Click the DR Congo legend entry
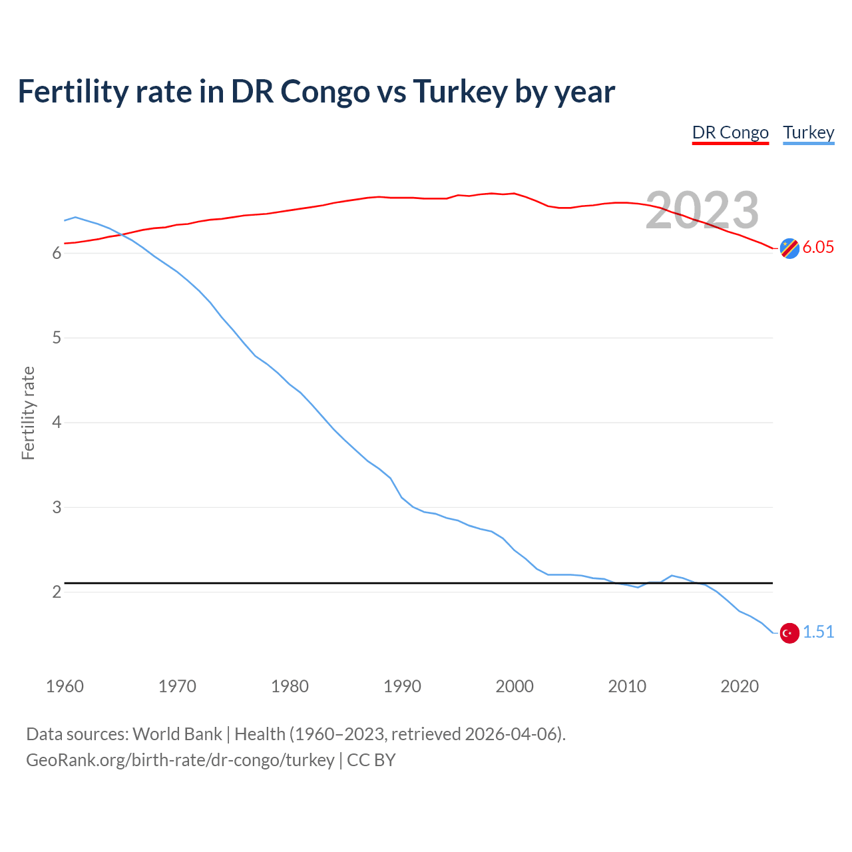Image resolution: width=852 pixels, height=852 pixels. (x=730, y=132)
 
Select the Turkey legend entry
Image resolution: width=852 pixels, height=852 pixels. (x=808, y=132)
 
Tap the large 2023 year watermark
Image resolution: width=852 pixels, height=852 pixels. (x=702, y=210)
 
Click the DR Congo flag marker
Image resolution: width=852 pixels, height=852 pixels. (x=789, y=248)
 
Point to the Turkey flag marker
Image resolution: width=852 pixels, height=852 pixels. (x=789, y=633)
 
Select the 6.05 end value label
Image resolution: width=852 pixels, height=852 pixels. (x=818, y=247)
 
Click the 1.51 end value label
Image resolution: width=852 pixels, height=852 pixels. (x=818, y=632)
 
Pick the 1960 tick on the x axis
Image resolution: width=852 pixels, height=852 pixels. (x=65, y=686)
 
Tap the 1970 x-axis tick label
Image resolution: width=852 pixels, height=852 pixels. (x=177, y=686)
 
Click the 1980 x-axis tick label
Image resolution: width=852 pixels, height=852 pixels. (x=290, y=686)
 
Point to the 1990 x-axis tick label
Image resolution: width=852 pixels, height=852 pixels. (x=402, y=686)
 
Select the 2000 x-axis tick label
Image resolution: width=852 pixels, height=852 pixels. (x=515, y=686)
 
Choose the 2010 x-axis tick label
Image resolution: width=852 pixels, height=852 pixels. (x=627, y=686)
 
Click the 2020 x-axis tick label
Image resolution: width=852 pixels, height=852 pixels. (x=740, y=686)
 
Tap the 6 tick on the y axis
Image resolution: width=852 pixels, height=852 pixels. (x=57, y=254)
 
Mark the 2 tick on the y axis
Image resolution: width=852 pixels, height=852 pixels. (x=57, y=592)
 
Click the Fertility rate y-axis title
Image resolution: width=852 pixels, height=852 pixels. (x=28, y=413)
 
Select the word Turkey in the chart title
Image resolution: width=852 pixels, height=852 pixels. (x=460, y=91)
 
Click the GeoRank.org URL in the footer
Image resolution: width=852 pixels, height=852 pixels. (x=180, y=760)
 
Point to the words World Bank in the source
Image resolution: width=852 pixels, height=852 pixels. (x=177, y=734)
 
